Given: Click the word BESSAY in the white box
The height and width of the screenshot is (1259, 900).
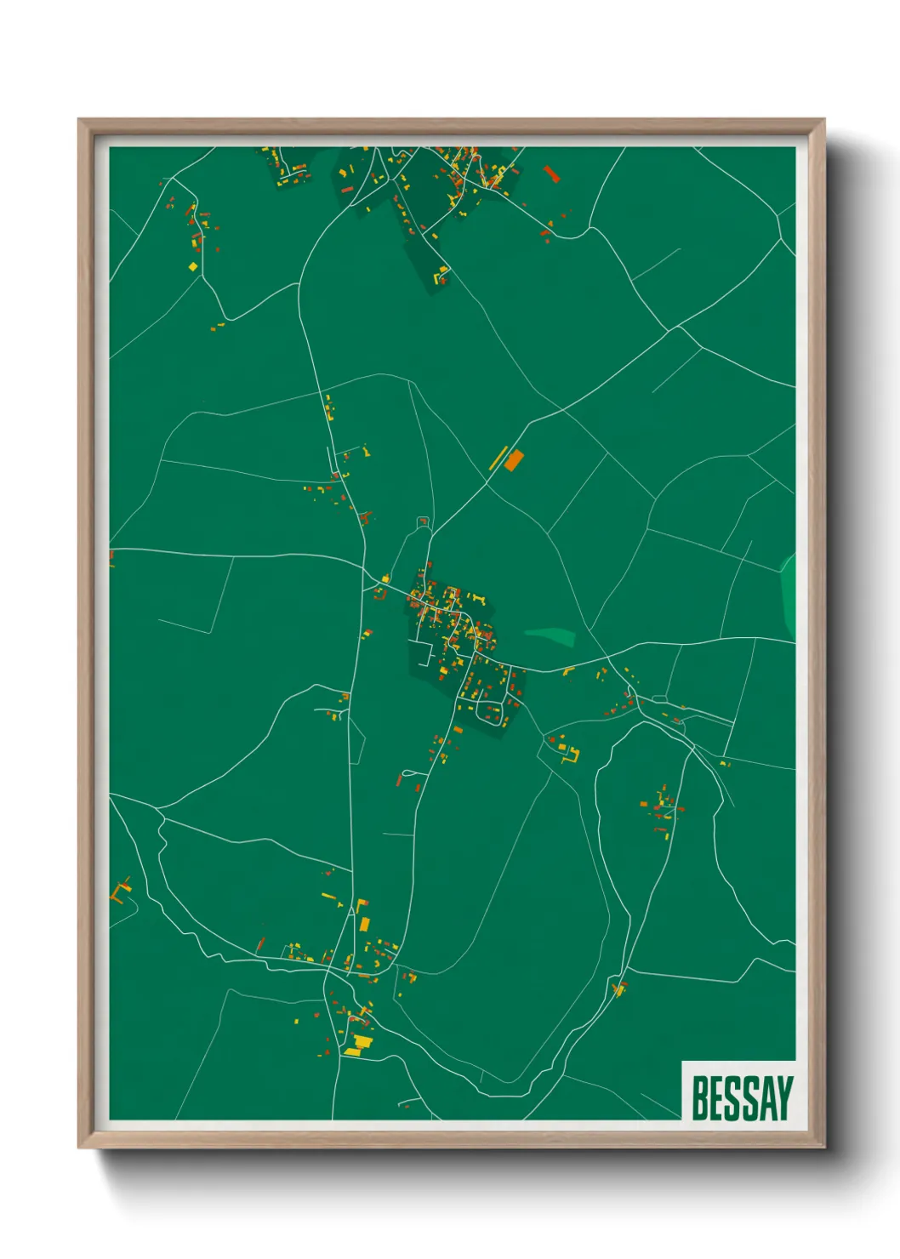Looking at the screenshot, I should tap(741, 1098).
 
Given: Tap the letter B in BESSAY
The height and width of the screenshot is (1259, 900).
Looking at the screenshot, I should tap(701, 1098).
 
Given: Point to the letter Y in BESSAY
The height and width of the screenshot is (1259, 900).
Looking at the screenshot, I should tap(783, 1098).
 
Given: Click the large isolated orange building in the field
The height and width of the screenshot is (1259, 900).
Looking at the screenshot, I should tap(513, 461).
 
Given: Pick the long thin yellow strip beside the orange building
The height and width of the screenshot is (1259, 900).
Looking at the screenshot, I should tap(498, 458).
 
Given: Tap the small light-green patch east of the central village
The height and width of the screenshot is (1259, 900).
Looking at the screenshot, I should tap(550, 635).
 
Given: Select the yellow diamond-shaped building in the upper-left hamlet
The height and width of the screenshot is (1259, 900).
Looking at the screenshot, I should tap(193, 266).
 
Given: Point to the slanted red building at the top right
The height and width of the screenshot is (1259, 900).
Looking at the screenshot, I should tap(550, 174).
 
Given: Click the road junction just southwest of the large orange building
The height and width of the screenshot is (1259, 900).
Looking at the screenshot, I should tap(486, 481).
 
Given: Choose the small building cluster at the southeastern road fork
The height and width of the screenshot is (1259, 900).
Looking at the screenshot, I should tap(619, 988).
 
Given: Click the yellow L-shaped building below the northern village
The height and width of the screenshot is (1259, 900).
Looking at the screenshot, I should tap(441, 274).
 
